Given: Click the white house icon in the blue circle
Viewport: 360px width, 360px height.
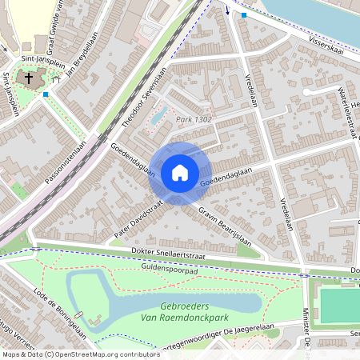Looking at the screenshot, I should [180, 173].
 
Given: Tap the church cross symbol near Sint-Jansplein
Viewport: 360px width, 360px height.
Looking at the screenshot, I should [30, 78].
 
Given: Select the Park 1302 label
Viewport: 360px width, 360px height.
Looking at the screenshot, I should [193, 119].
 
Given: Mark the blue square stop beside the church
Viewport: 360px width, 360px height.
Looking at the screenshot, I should [46, 94].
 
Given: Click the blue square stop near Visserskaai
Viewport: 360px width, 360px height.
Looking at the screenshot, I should [244, 14].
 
